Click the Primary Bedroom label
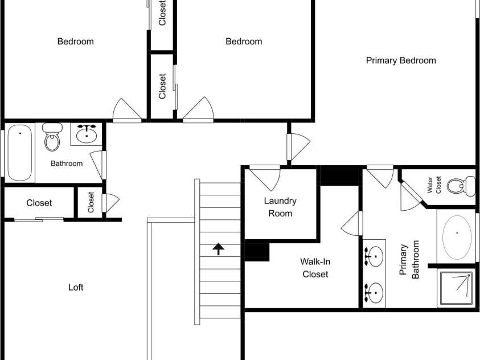[401, 60]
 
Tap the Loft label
[76, 287]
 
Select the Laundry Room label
[280, 207]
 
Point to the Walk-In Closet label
[315, 268]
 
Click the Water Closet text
[434, 185]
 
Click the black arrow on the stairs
[218, 249]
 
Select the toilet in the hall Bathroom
[52, 137]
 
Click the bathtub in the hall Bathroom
[19, 153]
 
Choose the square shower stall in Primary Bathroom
[457, 288]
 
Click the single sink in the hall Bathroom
[87, 134]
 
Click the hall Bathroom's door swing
[99, 165]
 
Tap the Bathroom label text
[67, 163]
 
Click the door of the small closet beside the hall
[110, 203]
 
